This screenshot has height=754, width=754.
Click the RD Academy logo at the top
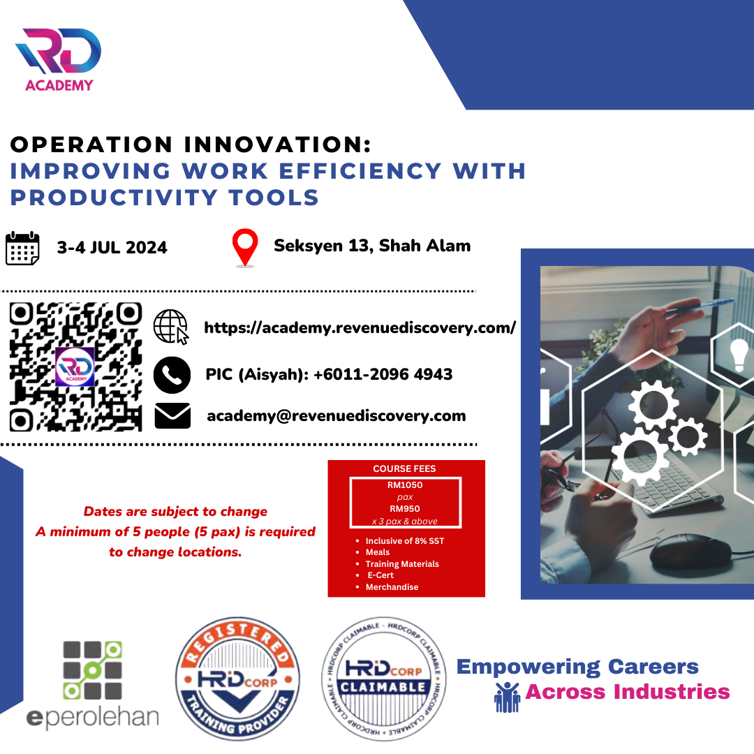pos(58,59)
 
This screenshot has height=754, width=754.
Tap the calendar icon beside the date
pos(22,248)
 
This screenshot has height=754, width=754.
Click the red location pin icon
pos(245,247)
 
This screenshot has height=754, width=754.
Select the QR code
pos(75,367)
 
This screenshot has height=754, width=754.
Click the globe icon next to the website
pos(171,327)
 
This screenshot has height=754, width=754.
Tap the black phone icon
pos(172,375)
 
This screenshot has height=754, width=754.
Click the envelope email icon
pos(172,415)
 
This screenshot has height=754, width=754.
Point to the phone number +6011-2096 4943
pos(383,374)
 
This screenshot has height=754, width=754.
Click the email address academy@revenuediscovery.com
pos(336,415)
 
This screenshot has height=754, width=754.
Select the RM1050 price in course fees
pos(405,485)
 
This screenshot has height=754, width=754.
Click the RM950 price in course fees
pos(405,509)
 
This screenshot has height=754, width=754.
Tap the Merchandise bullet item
pos(392,586)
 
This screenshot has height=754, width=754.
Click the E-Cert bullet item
pos(380,575)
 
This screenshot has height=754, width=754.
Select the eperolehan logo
pos(92,685)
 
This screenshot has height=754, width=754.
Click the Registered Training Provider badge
pos(237,679)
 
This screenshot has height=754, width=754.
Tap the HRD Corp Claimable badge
pos(383,679)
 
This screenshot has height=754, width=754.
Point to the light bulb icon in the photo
pos(739,355)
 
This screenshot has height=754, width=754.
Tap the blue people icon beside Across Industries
pos(508,697)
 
